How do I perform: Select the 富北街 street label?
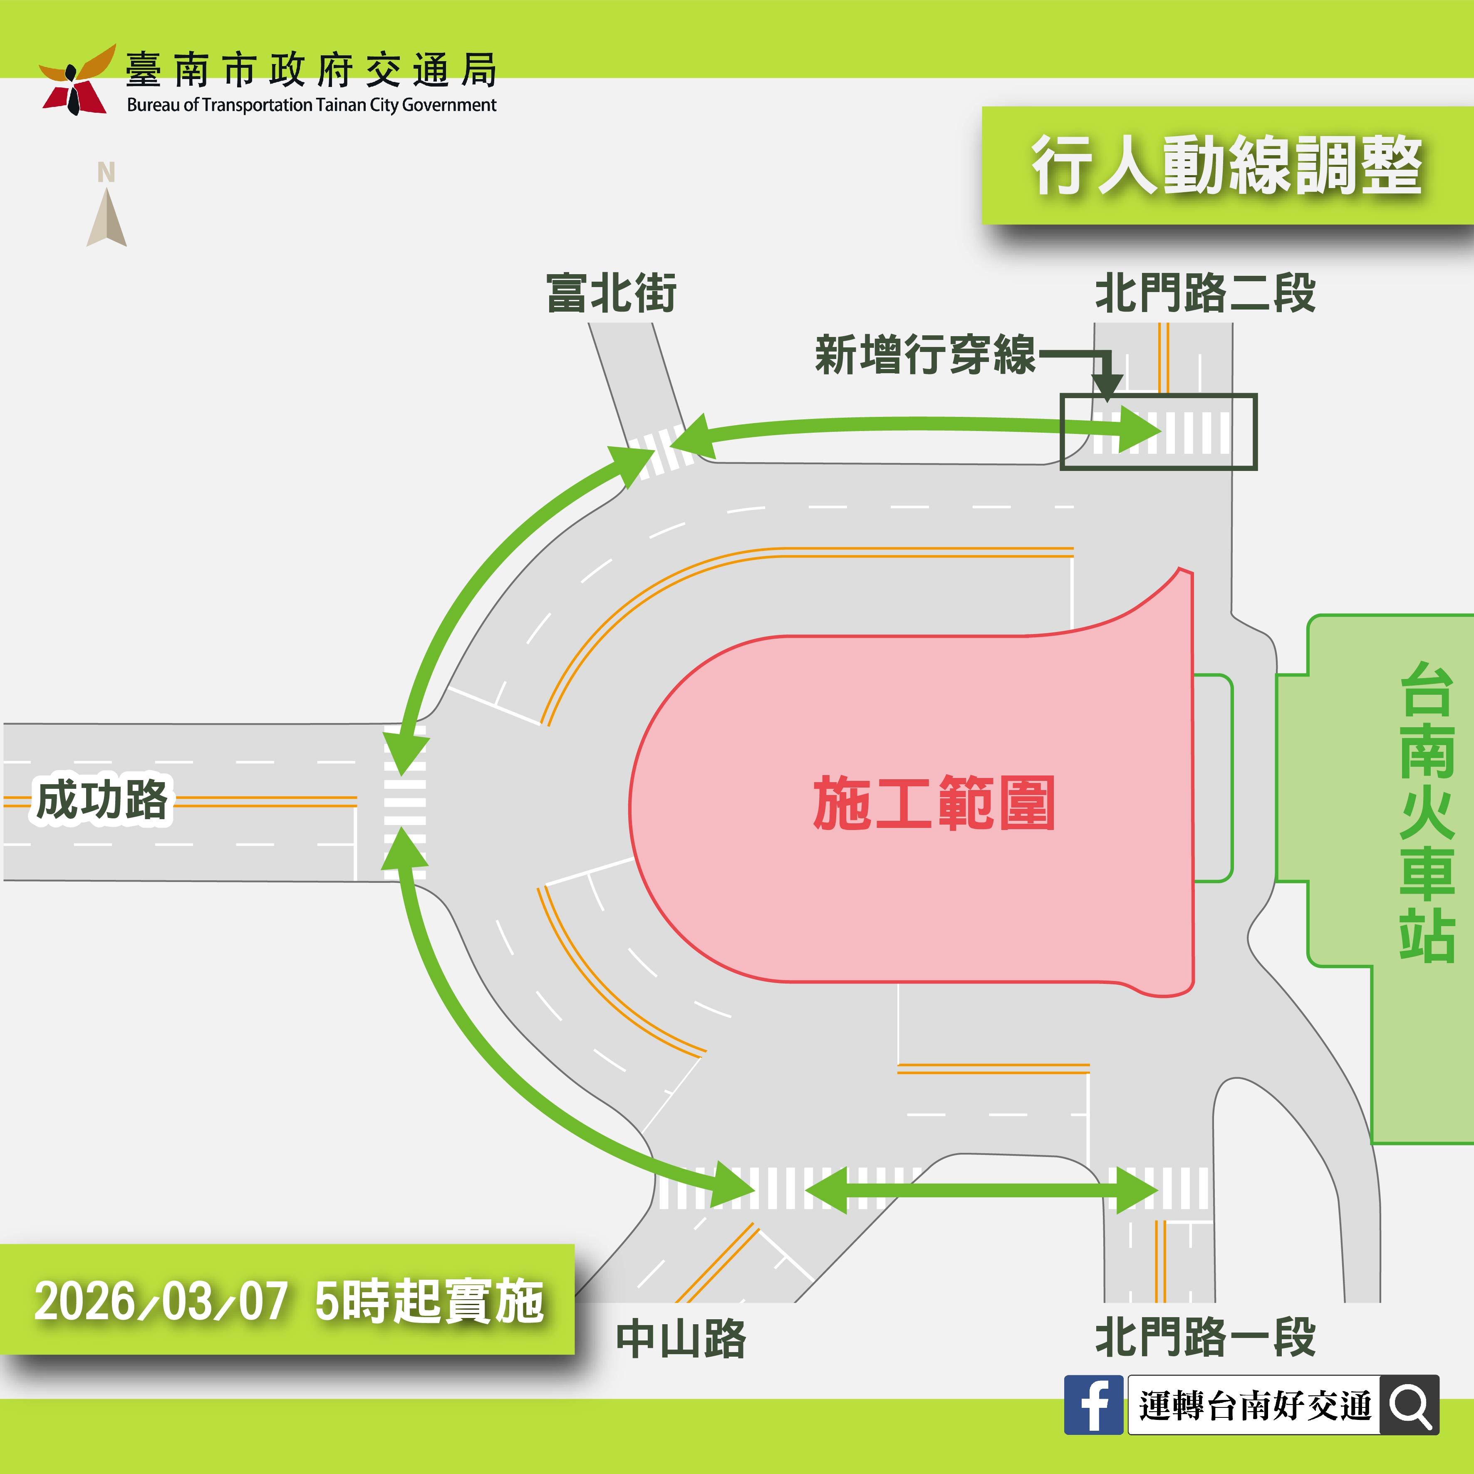click(611, 293)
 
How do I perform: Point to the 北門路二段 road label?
click(1205, 293)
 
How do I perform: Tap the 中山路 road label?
click(681, 1338)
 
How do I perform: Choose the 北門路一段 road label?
click(1205, 1337)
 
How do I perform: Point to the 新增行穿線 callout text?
click(925, 355)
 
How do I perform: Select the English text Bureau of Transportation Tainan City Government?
click(311, 105)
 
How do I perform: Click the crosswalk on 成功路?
click(404, 801)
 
